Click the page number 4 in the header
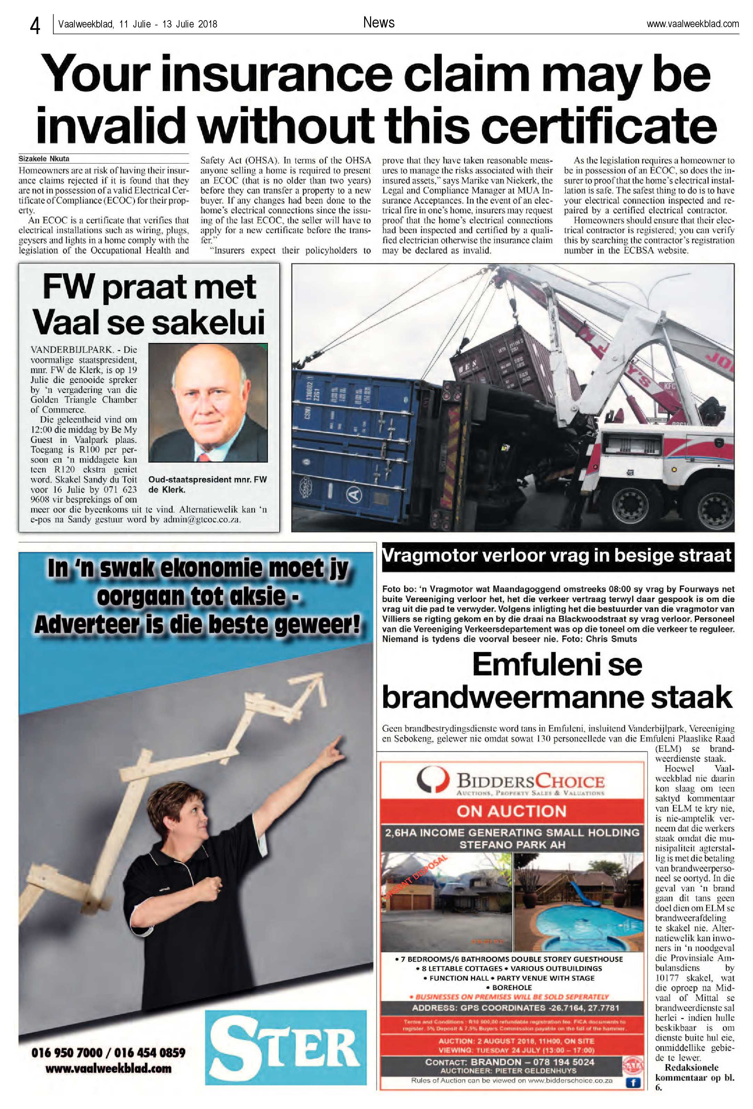pos(35,25)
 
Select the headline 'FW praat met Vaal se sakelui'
pos(149,304)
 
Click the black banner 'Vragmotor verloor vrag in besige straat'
pos(557,556)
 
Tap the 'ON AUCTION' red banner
pos(511,811)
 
